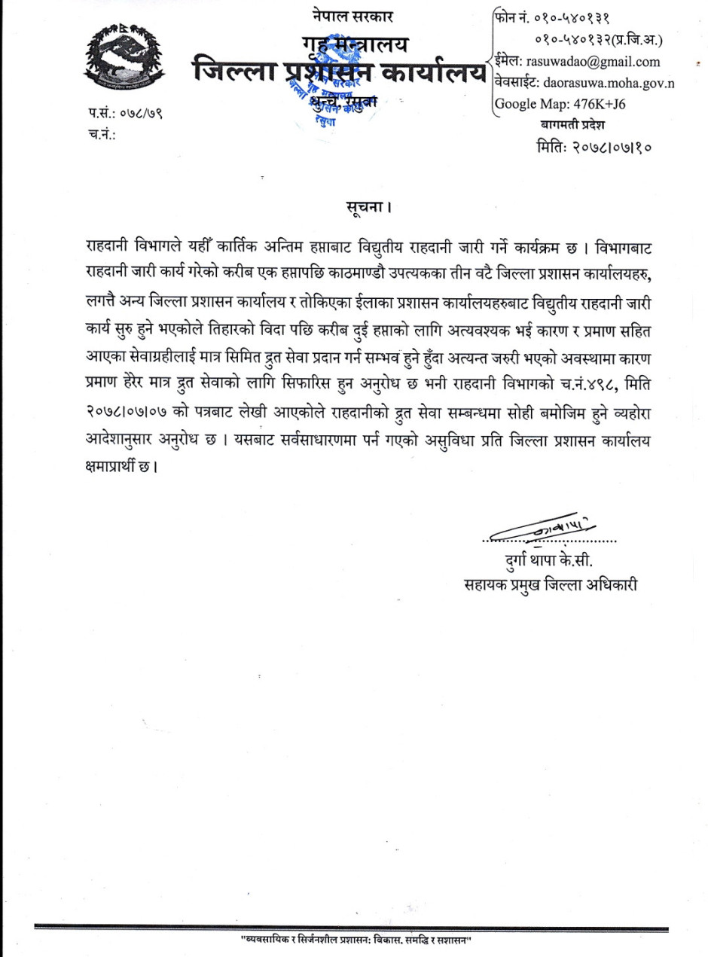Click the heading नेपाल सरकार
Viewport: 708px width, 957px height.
[x=352, y=16]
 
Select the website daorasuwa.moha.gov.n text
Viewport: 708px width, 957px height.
[x=595, y=83]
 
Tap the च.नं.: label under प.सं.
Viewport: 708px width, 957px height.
[x=101, y=136]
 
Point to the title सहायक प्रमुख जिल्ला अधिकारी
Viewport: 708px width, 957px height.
[x=551, y=584]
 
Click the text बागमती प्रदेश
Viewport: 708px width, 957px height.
[x=572, y=124]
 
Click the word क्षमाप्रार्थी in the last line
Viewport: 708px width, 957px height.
[x=113, y=468]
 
